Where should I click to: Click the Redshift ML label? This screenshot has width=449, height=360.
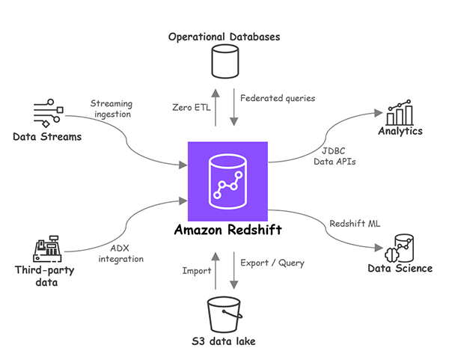click(354, 222)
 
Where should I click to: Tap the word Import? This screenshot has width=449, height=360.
click(197, 271)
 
